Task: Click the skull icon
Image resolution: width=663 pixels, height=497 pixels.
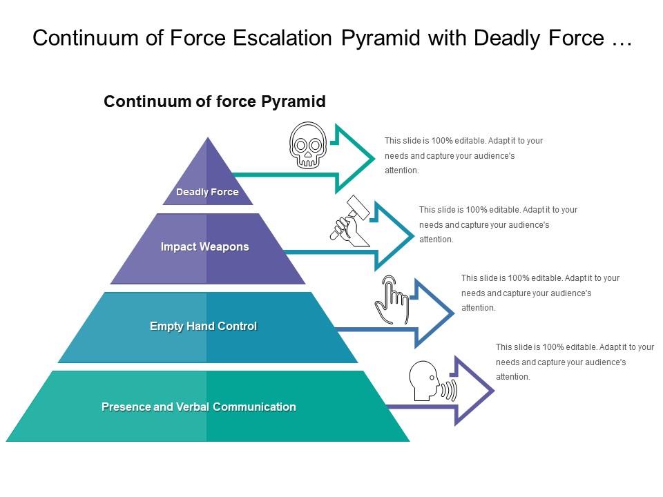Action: [307, 146]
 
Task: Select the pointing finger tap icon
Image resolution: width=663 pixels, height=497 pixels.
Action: [392, 300]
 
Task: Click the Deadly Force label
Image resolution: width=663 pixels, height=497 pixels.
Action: [207, 192]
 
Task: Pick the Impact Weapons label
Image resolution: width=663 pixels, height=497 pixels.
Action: [204, 246]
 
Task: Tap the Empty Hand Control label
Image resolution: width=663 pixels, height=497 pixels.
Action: [203, 326]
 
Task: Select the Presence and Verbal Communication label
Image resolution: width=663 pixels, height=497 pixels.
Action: [199, 407]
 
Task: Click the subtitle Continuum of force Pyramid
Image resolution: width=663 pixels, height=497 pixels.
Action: [214, 101]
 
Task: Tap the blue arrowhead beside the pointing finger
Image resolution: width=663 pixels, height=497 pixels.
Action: [435, 313]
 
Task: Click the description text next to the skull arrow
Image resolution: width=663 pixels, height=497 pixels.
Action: [463, 155]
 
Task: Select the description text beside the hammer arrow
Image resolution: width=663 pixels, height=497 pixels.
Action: [498, 224]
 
